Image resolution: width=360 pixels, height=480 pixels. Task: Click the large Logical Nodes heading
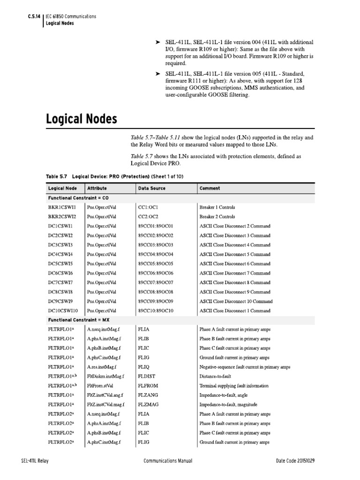point(81,120)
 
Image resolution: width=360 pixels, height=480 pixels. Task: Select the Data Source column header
point(151,188)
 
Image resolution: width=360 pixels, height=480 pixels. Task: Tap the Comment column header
point(210,188)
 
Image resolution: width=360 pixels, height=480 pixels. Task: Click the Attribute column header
point(97,188)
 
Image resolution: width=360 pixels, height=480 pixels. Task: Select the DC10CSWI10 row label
point(63,311)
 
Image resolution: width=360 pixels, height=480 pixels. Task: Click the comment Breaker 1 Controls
point(217,207)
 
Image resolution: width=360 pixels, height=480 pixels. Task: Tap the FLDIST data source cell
point(146,376)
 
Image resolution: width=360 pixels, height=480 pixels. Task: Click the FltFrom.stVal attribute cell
point(100,386)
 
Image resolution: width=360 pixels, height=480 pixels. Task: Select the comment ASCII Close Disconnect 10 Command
point(236,301)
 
